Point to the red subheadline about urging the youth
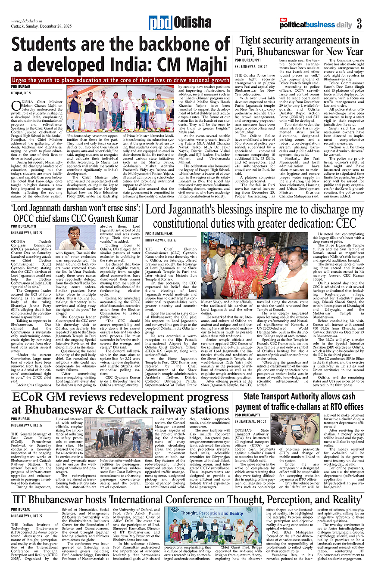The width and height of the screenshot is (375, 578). click(x=121, y=80)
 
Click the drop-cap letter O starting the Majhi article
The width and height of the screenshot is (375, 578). click(x=16, y=105)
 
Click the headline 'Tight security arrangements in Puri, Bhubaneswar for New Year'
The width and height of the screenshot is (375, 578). click(x=301, y=46)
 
